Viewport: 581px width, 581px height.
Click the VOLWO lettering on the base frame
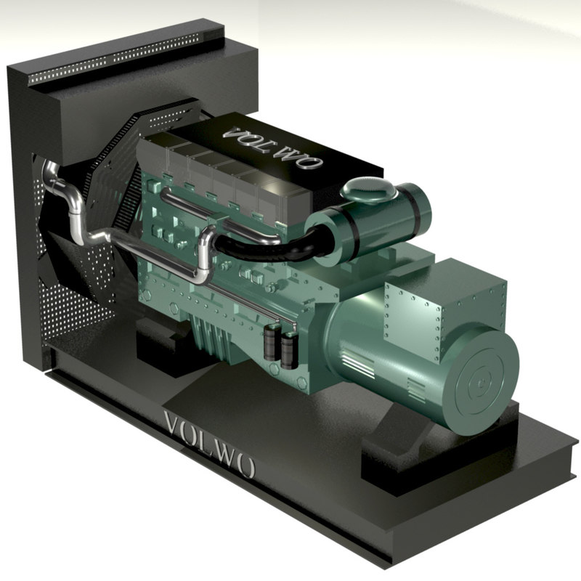210,444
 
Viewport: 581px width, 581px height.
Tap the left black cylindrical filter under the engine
273,344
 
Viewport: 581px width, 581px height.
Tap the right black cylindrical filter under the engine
290,349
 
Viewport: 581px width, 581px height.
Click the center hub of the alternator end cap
482,381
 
